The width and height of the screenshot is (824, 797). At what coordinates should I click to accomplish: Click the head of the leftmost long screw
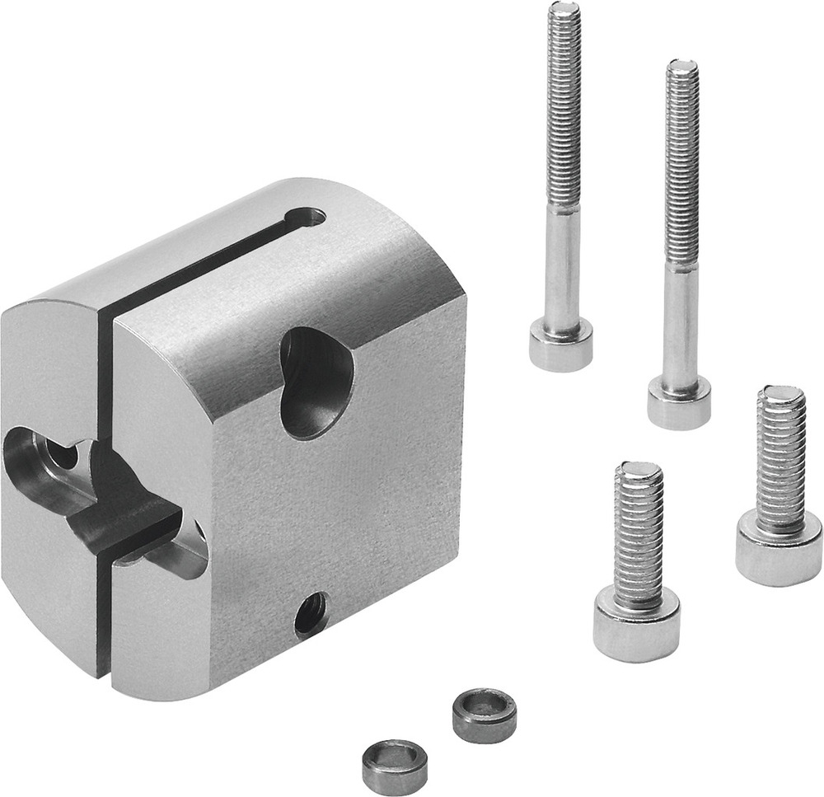(560, 346)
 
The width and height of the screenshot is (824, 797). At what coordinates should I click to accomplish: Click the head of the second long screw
(679, 401)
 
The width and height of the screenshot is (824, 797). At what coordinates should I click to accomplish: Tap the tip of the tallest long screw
(564, 10)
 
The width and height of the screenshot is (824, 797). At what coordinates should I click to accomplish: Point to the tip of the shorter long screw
(682, 66)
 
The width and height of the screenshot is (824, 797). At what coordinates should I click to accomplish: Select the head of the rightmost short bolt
(779, 548)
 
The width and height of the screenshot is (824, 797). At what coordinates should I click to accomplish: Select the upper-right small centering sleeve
(485, 713)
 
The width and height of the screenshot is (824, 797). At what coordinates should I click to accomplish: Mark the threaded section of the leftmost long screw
(564, 107)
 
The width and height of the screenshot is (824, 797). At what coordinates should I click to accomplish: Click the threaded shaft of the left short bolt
(638, 536)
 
